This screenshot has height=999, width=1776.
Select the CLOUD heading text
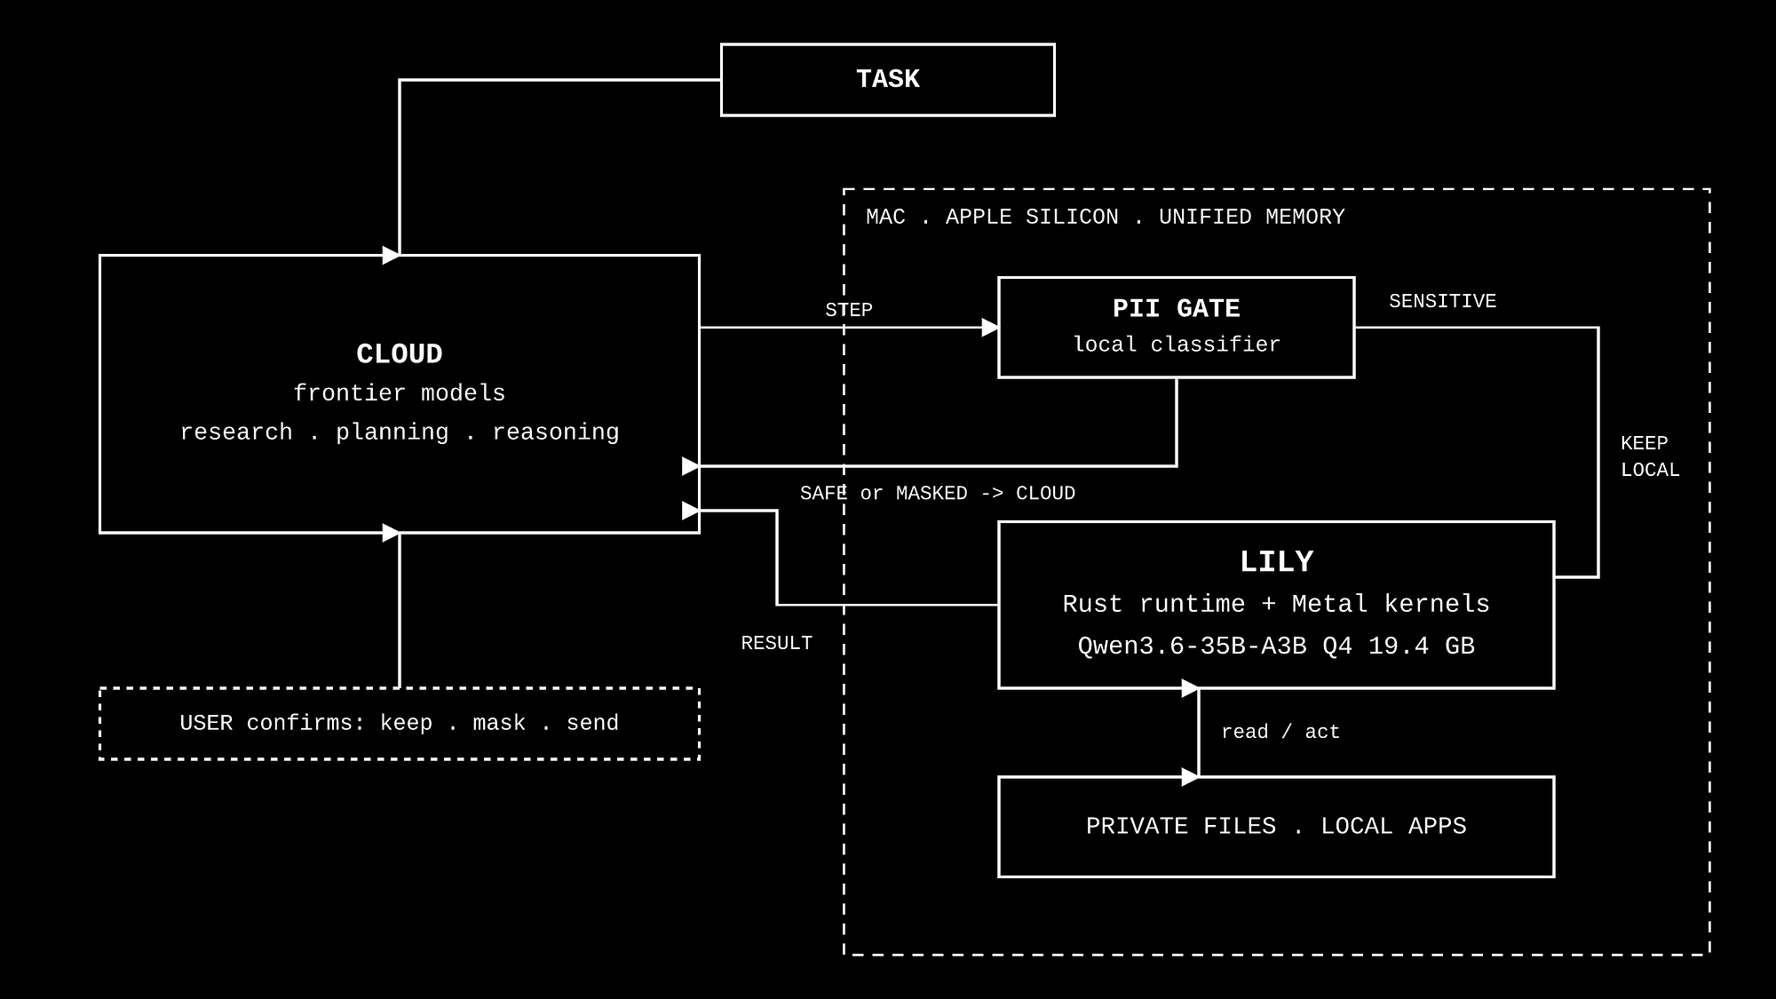click(x=400, y=354)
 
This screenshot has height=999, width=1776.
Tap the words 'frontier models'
click(x=400, y=393)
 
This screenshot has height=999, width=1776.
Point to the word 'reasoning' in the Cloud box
click(x=556, y=432)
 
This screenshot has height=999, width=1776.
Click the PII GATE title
click(x=1177, y=309)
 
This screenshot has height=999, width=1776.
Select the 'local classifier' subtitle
click(x=1177, y=345)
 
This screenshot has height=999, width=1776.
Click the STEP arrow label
click(x=849, y=310)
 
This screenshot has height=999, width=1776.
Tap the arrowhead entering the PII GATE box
click(x=990, y=328)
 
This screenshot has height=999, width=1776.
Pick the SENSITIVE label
click(x=1443, y=302)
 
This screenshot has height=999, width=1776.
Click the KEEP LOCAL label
click(x=1650, y=456)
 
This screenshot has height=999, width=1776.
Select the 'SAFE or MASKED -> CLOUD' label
click(x=938, y=494)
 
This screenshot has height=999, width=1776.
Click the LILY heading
click(x=1276, y=562)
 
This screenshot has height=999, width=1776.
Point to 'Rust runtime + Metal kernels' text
click(x=1276, y=605)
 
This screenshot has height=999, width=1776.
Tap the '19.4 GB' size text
click(x=1422, y=646)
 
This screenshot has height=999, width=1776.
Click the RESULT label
click(x=777, y=644)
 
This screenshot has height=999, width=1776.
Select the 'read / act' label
click(x=1280, y=733)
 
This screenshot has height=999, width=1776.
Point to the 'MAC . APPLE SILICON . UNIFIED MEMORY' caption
click(x=1106, y=218)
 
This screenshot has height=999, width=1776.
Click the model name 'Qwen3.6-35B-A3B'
click(x=1193, y=646)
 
